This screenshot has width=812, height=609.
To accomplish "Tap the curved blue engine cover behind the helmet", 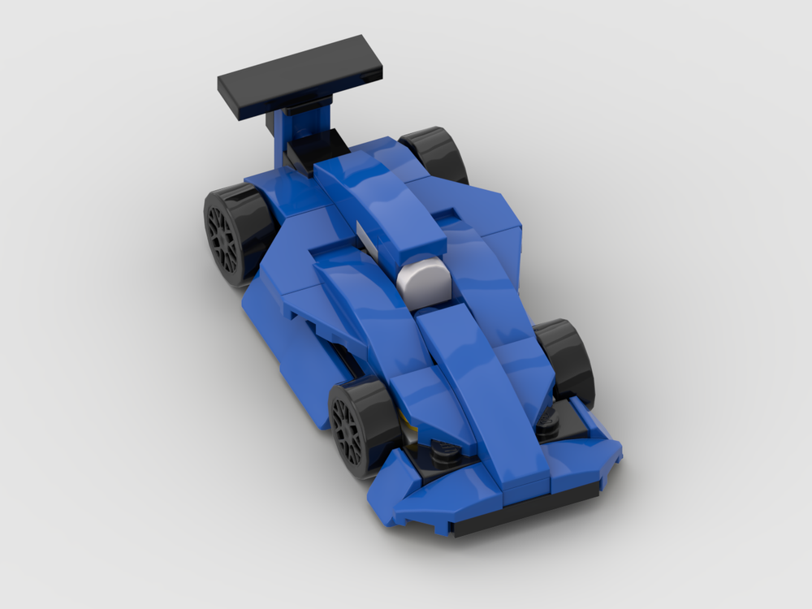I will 382,203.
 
